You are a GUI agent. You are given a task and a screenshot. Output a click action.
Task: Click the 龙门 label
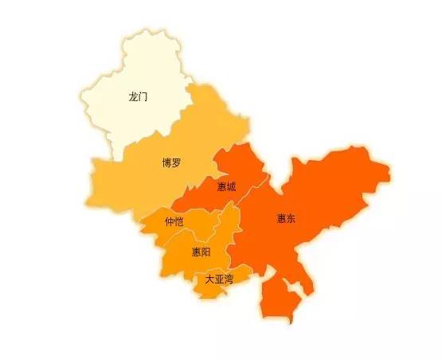pos(138,98)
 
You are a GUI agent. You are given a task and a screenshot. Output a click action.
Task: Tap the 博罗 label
pos(171,163)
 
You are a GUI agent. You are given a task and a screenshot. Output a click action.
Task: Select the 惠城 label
pos(226,187)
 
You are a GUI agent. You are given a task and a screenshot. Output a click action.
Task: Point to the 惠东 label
pos(286,218)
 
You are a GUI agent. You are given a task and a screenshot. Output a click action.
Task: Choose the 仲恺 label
pos(174,221)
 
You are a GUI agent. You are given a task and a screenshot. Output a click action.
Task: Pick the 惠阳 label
pos(201,252)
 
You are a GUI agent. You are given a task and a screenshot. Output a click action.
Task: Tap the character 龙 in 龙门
pos(133,98)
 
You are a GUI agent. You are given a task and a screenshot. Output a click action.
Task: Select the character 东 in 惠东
pos(291,218)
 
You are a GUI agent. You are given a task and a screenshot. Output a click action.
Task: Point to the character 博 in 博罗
pos(166,163)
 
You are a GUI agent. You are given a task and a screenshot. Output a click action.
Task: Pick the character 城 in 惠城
pos(231,187)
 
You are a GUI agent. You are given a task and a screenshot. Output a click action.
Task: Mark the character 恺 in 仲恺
pos(179,221)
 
